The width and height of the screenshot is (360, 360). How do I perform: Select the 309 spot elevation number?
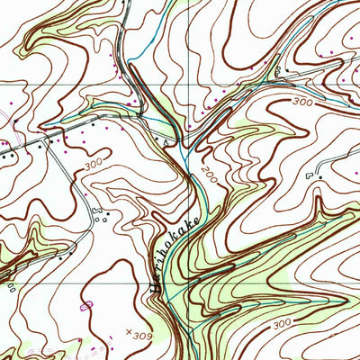pos(140,335)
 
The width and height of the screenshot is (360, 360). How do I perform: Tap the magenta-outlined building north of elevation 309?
pos(87,306)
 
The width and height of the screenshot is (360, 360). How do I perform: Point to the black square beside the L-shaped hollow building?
pos(319,177)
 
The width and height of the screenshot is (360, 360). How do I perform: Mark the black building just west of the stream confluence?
pos(166,141)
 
